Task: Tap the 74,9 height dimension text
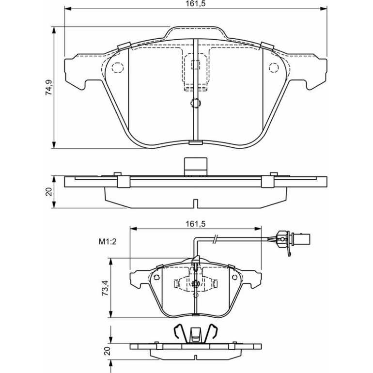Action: (x=49, y=87)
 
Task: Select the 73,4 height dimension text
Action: (x=105, y=288)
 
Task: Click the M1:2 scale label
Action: (x=108, y=242)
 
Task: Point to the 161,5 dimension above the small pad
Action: (x=196, y=224)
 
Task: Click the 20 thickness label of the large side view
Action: (x=49, y=192)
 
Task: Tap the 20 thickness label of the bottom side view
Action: (x=108, y=351)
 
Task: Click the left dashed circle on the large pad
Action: (x=118, y=67)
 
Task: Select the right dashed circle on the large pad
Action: (x=274, y=67)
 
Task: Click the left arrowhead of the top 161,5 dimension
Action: (x=68, y=9)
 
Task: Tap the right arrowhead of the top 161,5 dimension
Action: (x=323, y=9)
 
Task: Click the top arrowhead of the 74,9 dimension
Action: (x=54, y=30)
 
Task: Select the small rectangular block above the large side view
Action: (x=195, y=167)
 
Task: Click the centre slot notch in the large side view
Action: (x=196, y=203)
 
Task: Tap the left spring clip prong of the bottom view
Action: (x=180, y=331)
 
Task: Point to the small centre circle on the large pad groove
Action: (x=196, y=103)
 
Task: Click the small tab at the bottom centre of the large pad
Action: (x=196, y=142)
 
